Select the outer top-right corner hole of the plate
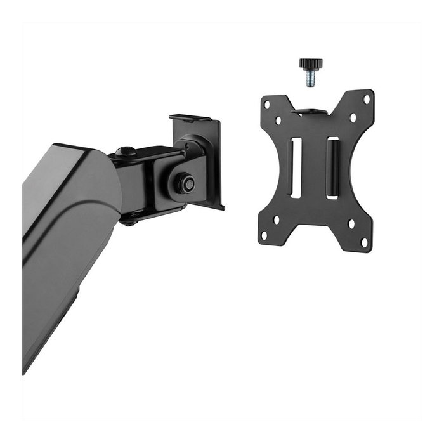click(x=365, y=100)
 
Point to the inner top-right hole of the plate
click(x=352, y=117)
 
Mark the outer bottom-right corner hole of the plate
click(x=363, y=242)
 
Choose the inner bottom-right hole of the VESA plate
click(x=351, y=224)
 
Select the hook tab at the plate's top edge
click(x=310, y=112)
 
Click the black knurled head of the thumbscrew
click(x=311, y=63)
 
